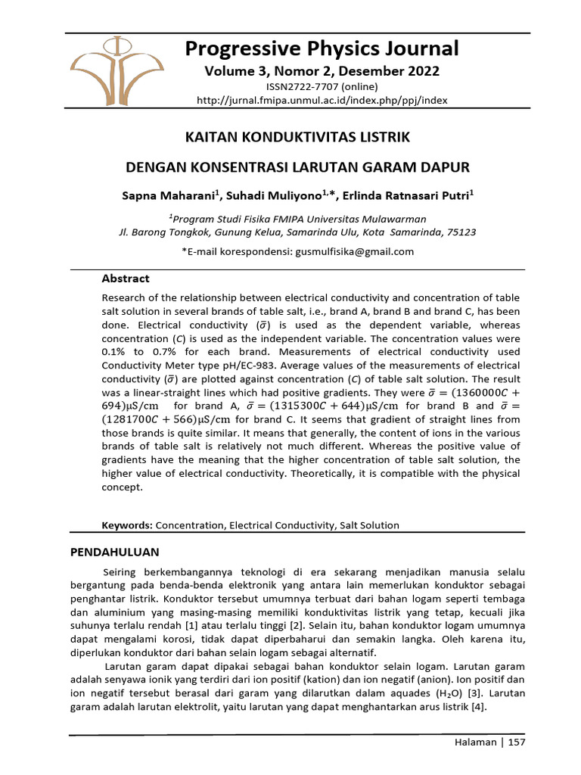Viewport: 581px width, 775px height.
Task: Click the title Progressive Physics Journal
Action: tap(322, 48)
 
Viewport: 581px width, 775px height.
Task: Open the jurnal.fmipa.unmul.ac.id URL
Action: tap(322, 100)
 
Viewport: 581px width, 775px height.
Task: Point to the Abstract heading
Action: tap(125, 279)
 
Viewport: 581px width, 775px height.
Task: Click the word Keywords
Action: tap(126, 524)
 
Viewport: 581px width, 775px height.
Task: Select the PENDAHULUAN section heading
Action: tap(114, 552)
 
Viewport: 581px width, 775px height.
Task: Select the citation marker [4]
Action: tap(478, 707)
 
